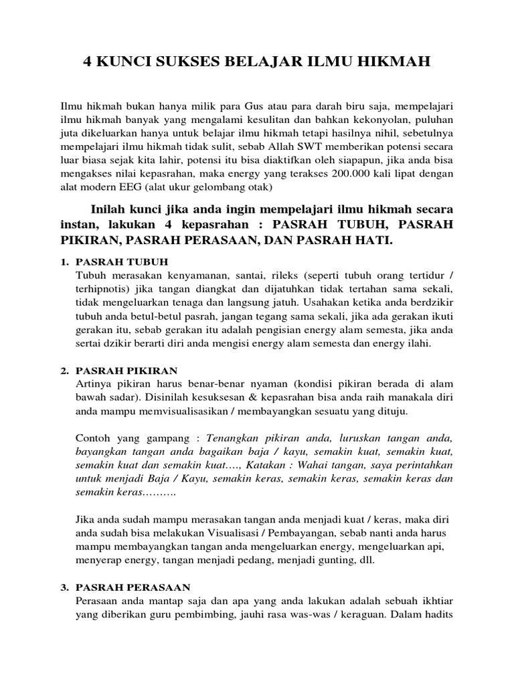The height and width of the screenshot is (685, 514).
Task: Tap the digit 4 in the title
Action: click(86, 63)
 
